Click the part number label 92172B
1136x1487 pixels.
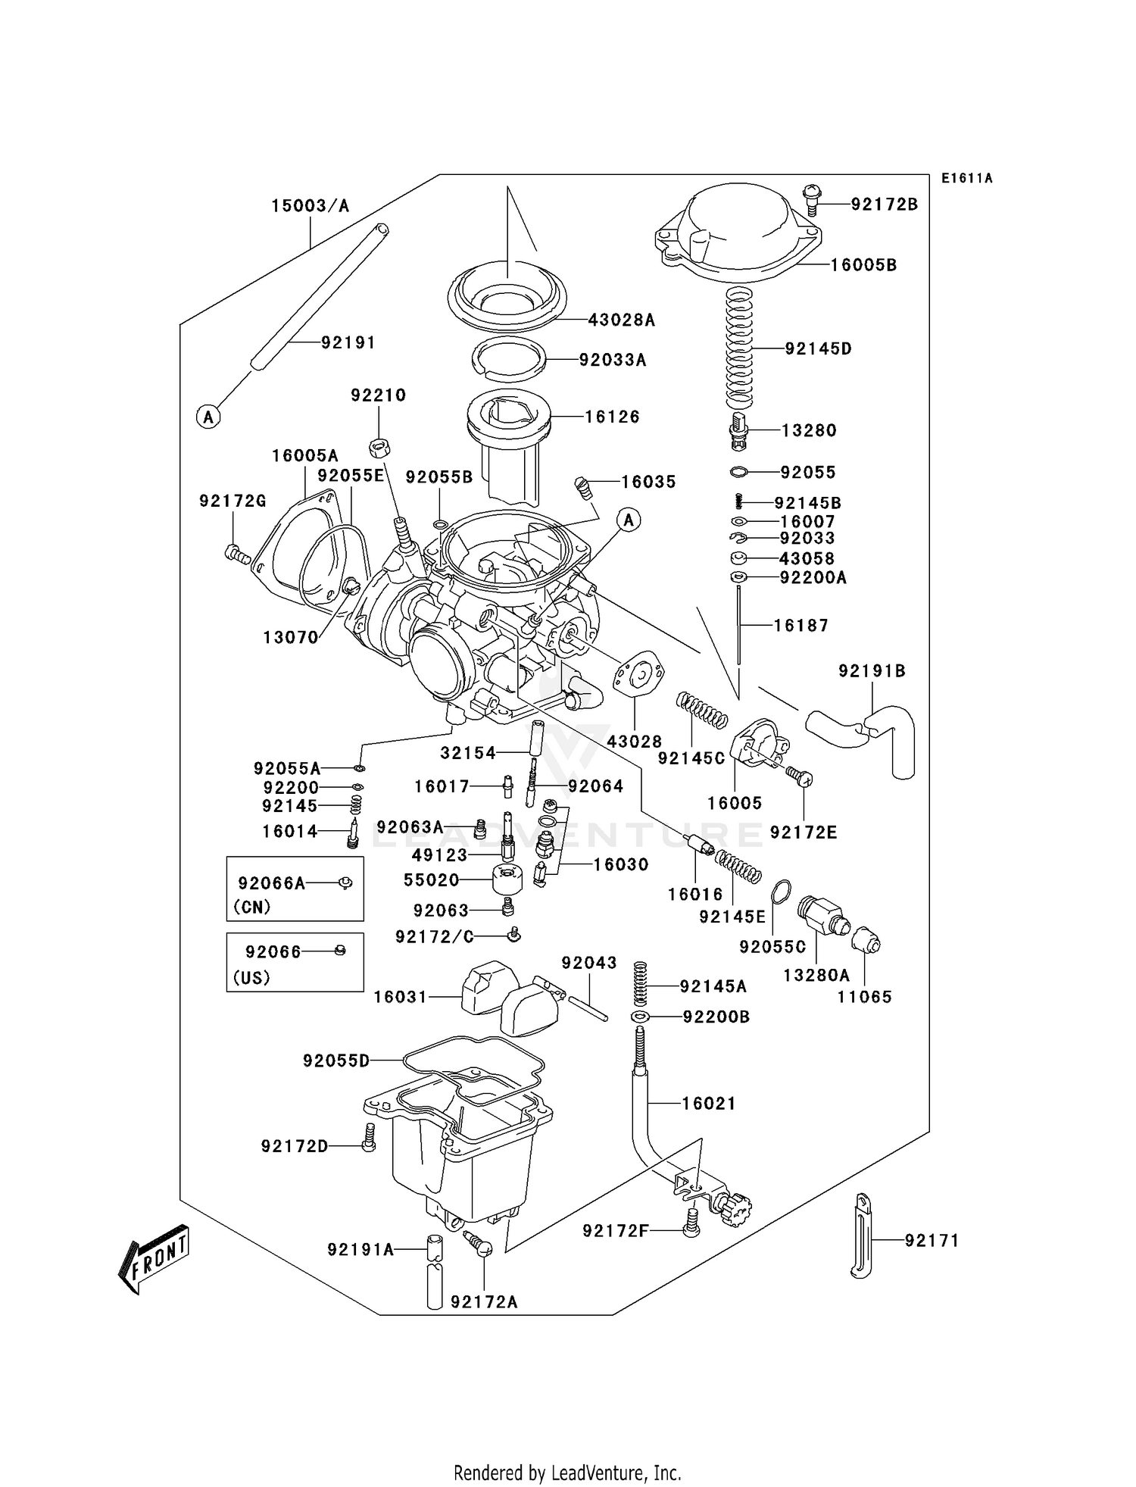pyautogui.click(x=884, y=205)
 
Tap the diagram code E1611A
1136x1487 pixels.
pyautogui.click(x=966, y=179)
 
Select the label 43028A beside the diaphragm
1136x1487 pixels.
pyautogui.click(x=621, y=320)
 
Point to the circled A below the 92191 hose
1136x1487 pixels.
pyautogui.click(x=208, y=416)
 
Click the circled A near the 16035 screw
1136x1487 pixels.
pyautogui.click(x=629, y=520)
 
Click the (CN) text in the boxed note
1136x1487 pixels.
pyautogui.click(x=252, y=907)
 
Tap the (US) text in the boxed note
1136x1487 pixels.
pyautogui.click(x=251, y=977)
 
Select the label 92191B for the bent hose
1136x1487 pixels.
pyautogui.click(x=872, y=671)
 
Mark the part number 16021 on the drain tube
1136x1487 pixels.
pyautogui.click(x=708, y=1104)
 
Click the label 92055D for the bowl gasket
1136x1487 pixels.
pyautogui.click(x=336, y=1061)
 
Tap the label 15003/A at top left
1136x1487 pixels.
pyautogui.click(x=311, y=206)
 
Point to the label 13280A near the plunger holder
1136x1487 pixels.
pyautogui.click(x=816, y=976)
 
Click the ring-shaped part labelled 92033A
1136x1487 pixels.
pyautogui.click(x=510, y=358)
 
